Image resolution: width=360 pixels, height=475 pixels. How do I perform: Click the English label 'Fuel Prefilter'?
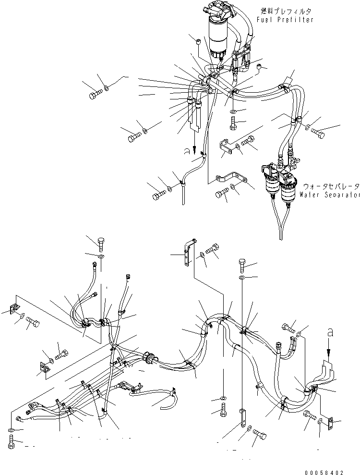click(285, 20)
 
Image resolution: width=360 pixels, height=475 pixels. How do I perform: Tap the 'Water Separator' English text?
click(330, 195)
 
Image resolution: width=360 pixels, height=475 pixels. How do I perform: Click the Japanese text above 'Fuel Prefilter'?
click(286, 11)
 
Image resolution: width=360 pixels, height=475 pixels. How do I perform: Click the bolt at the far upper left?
click(95, 95)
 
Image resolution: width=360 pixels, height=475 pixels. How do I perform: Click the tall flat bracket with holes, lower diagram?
click(189, 252)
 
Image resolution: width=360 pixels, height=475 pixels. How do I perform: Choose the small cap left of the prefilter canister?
click(199, 42)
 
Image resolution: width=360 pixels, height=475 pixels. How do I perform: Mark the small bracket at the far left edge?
click(13, 309)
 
